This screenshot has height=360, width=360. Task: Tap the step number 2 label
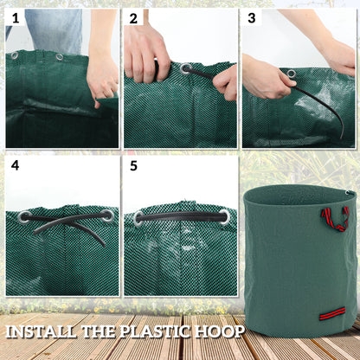coord(134,17)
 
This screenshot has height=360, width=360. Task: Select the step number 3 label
coord(252,17)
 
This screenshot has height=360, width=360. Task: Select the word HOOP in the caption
coord(222,331)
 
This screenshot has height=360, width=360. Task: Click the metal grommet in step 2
coord(186,67)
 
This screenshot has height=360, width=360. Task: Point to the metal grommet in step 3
coord(291,74)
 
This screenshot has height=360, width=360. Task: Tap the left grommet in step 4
coord(24,216)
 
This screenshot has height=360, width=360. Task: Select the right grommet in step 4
coord(106,215)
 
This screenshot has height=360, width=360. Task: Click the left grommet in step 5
coord(138,218)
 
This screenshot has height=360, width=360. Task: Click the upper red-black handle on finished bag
coord(334,217)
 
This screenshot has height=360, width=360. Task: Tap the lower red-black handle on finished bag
coord(331,313)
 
